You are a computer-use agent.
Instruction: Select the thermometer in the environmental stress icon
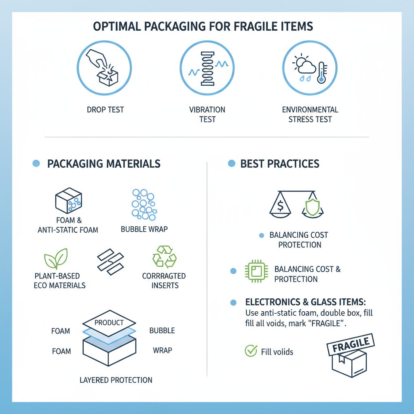[322, 73]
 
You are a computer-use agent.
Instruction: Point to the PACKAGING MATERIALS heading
[103, 164]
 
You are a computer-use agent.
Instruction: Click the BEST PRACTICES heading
[280, 164]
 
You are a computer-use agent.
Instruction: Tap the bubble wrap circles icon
[144, 205]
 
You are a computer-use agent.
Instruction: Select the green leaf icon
[56, 259]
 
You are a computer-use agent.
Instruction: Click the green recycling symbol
[164, 257]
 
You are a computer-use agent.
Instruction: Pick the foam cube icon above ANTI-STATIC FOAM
[68, 200]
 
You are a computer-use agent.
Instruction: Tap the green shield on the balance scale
[309, 207]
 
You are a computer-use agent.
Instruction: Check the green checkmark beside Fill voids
[251, 351]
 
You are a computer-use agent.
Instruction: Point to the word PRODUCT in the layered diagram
[109, 323]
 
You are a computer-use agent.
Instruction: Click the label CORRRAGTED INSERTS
[164, 281]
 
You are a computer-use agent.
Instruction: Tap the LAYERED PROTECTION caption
[116, 380]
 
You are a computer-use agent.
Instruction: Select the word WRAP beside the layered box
[163, 350]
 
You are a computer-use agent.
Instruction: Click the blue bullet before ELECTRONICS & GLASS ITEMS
[233, 302]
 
